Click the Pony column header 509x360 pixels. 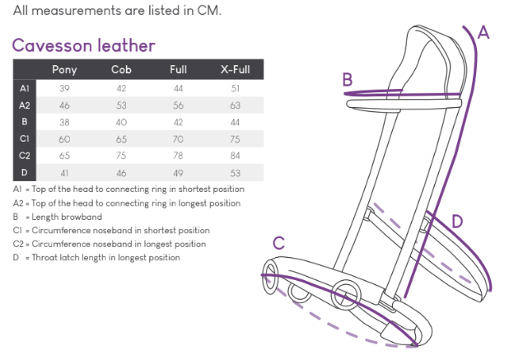pos(64,69)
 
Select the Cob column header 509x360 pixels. pos(121,69)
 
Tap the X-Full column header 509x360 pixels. pos(235,69)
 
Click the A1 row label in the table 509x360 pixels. pos(24,87)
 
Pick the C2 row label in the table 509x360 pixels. pos(24,156)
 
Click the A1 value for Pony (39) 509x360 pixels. pos(64,87)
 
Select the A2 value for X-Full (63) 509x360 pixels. pos(235,105)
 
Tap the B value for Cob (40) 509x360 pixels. pos(121,122)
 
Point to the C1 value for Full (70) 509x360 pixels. pos(178,139)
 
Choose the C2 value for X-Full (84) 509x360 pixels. pos(235,156)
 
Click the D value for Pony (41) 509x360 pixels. pos(64,173)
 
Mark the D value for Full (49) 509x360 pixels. pos(178,173)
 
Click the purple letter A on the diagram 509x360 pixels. pos(483,33)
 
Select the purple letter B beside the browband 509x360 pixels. pos(348,80)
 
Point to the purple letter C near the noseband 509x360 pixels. pos(279,243)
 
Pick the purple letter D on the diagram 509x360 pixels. pos(457,221)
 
